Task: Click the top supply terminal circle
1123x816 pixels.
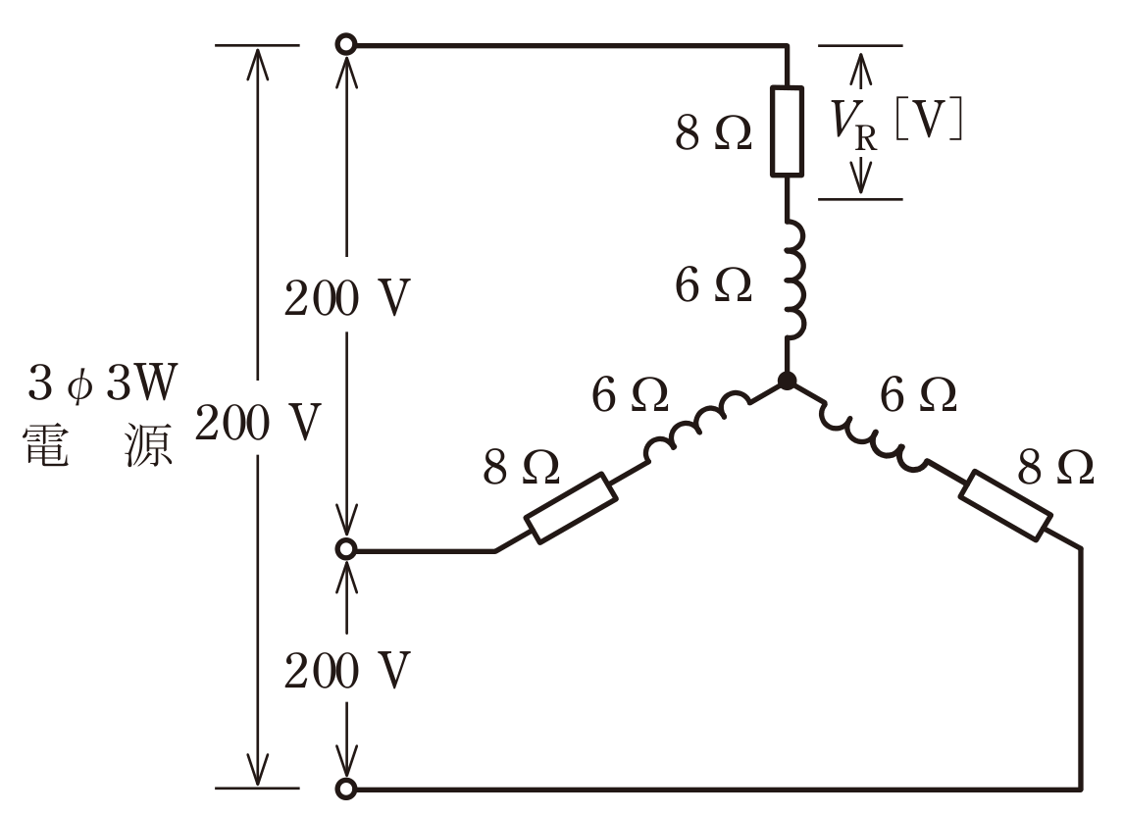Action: (346, 44)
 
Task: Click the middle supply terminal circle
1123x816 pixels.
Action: (346, 549)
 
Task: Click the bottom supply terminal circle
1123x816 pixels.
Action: (346, 789)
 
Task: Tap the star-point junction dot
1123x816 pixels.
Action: (787, 381)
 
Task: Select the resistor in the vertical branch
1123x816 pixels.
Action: (787, 131)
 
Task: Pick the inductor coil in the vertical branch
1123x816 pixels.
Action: (793, 279)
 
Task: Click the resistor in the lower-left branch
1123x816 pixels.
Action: (571, 507)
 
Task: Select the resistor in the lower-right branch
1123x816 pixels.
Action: (1005, 505)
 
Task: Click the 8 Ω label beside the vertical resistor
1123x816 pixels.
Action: (713, 133)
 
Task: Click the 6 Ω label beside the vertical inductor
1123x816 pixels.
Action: (713, 285)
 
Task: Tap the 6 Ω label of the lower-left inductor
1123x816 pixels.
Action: (630, 394)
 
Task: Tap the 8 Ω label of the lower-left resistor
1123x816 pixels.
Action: (522, 468)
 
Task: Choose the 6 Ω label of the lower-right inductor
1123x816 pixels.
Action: (918, 394)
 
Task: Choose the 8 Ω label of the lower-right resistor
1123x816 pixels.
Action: (1055, 468)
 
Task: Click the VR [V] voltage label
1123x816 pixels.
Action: (896, 124)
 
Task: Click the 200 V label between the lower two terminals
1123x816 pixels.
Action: (346, 671)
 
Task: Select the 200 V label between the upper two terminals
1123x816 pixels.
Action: (346, 297)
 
